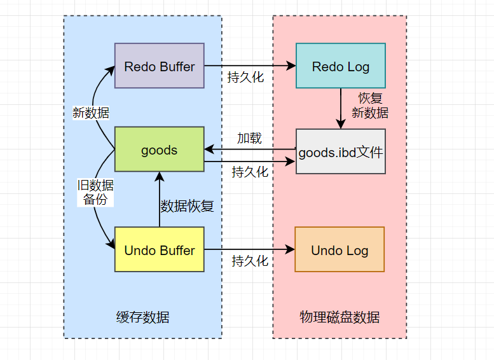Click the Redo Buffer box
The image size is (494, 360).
(159, 66)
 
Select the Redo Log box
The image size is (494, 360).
(340, 66)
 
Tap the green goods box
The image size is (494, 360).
(159, 149)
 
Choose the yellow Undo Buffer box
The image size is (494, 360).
(159, 249)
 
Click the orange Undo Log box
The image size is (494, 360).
(340, 249)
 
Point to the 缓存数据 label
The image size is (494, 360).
(143, 317)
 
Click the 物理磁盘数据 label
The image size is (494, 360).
(340, 317)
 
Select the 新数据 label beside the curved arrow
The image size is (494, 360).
(91, 113)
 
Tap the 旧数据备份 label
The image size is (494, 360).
(95, 192)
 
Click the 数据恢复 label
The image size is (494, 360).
(187, 206)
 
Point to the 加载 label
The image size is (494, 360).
(249, 138)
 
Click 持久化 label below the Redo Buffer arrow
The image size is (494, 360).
(245, 78)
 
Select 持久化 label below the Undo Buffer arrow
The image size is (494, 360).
(250, 261)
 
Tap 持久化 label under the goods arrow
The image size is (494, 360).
(250, 172)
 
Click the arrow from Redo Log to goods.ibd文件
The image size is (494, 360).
(341, 108)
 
